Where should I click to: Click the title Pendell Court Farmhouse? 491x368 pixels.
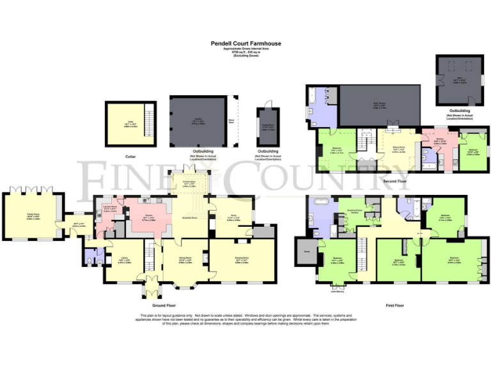coord(246,44)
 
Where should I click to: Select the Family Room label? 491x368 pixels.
coord(32,217)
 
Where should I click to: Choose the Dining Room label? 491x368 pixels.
coord(185,260)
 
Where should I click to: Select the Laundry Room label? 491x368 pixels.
coord(111,208)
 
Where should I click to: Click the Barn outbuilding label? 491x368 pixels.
coord(455,78)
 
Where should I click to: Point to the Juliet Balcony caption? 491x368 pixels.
coord(338,291)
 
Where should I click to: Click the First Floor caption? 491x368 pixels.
coord(395,305)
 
